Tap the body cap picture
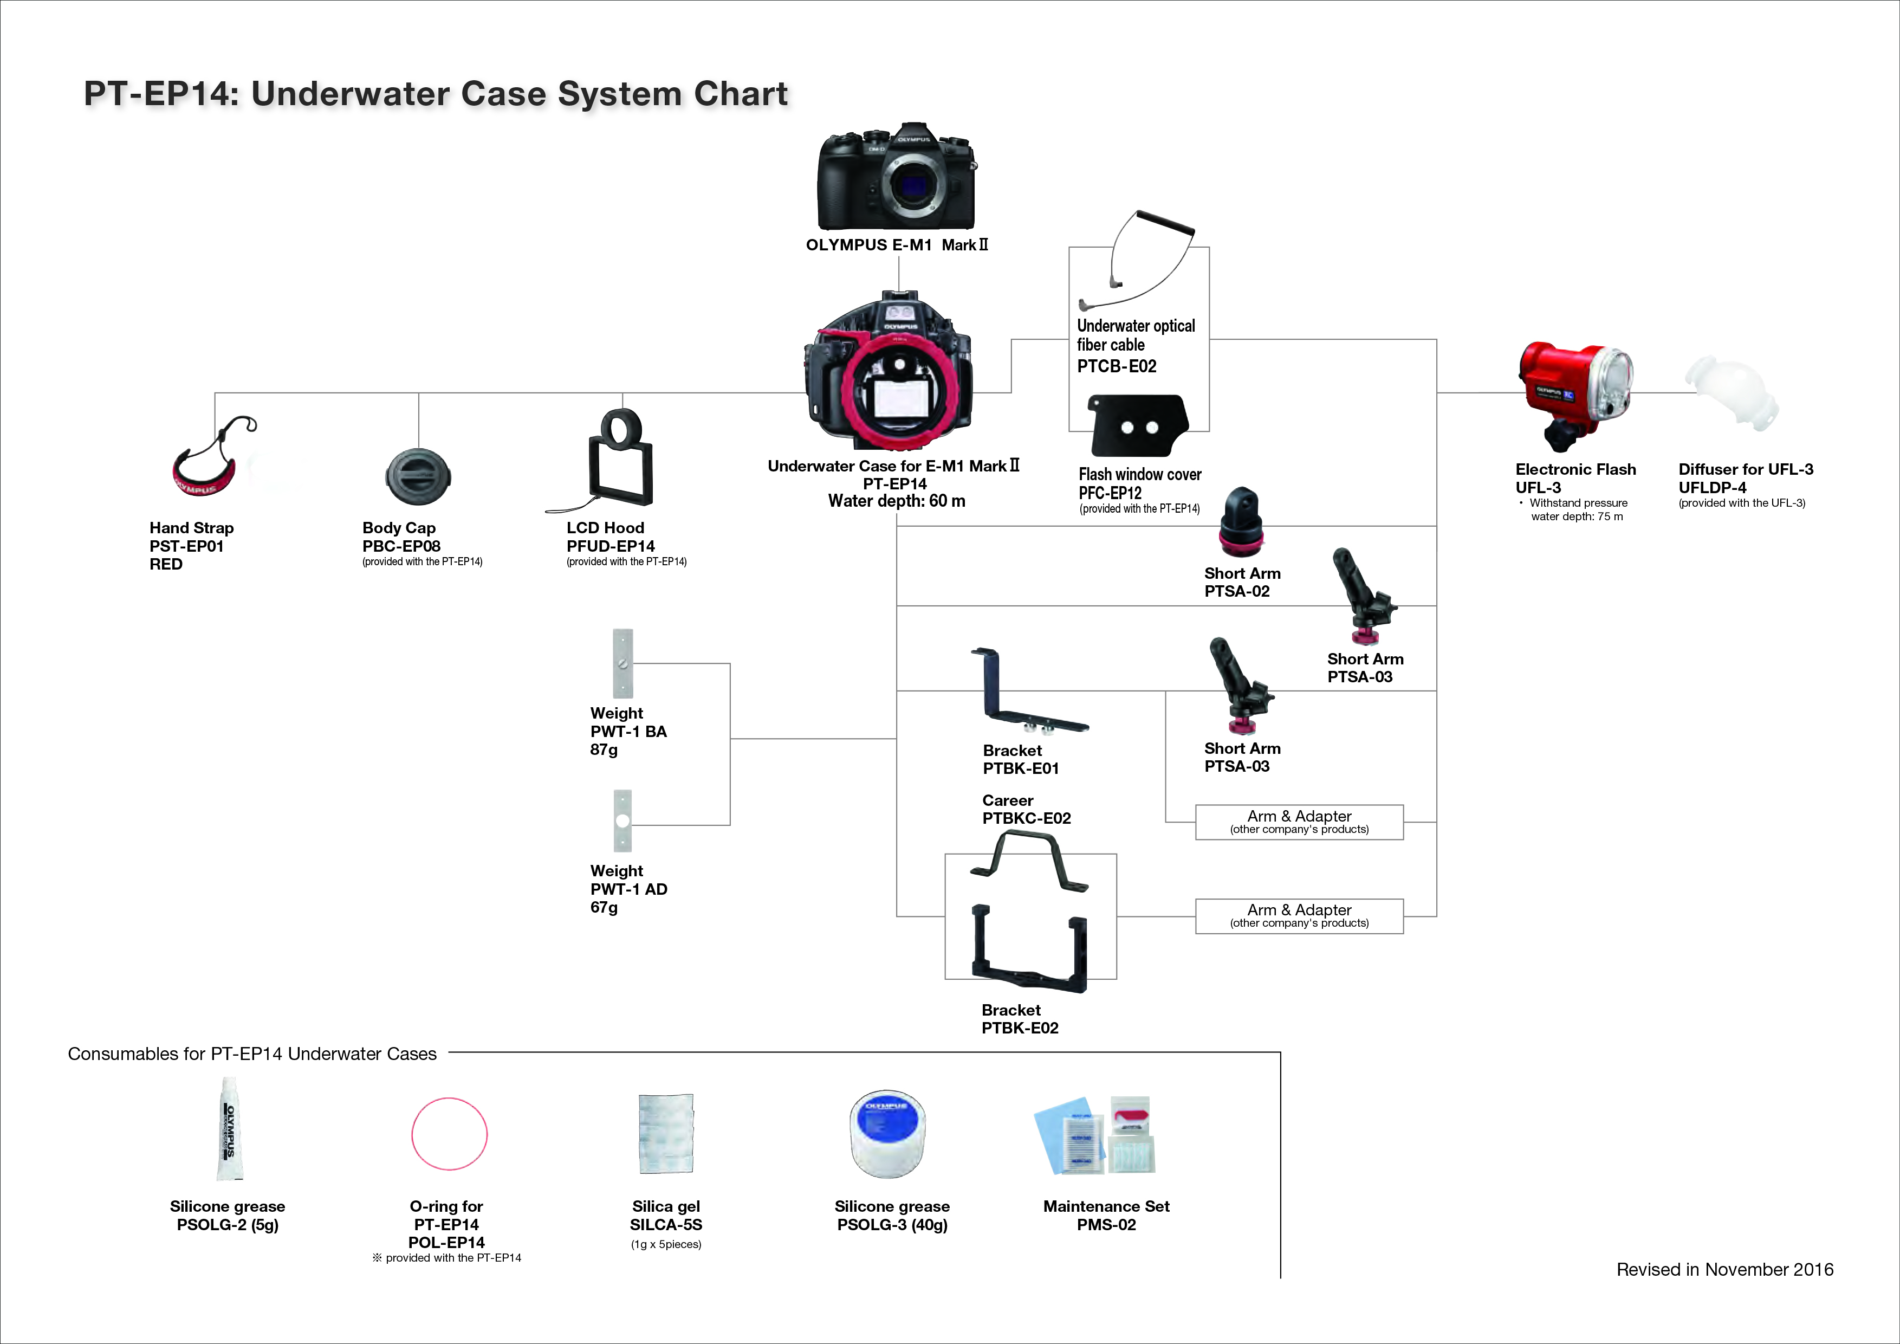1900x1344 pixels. (x=418, y=477)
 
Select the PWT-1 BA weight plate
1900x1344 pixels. (x=622, y=664)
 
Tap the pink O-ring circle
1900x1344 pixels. (x=449, y=1134)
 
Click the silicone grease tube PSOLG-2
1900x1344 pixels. (x=229, y=1129)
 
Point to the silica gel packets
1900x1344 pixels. (x=666, y=1133)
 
